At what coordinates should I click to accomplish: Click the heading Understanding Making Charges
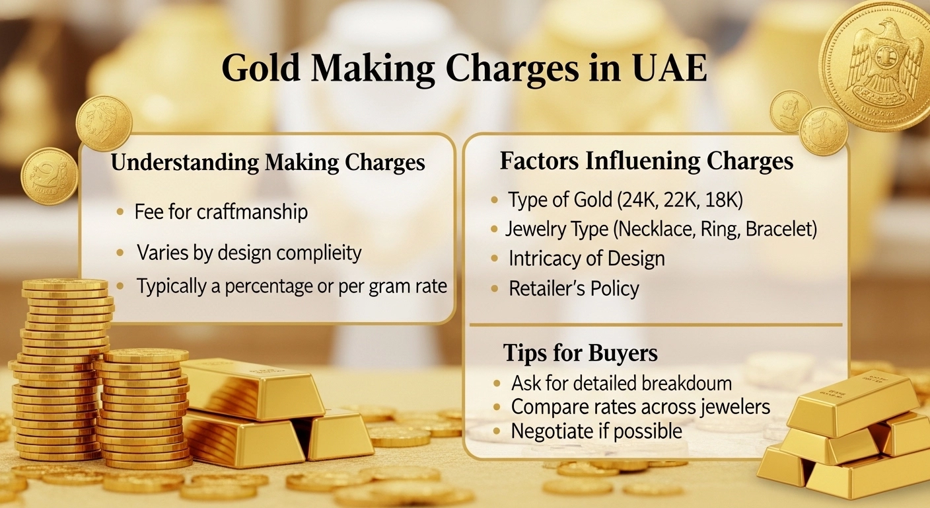pos(268,163)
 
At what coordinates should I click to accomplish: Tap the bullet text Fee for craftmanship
pos(221,212)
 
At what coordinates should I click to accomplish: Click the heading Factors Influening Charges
pos(646,161)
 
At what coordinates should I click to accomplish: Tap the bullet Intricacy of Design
pos(586,259)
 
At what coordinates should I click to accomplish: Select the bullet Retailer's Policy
pos(573,288)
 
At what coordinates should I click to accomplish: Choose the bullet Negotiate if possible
pos(596,431)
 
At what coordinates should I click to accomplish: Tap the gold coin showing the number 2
pos(49,175)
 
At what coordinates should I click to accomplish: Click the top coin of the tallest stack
pos(65,284)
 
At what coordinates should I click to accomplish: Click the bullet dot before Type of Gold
pos(495,200)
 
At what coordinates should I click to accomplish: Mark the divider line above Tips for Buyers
pos(655,325)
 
